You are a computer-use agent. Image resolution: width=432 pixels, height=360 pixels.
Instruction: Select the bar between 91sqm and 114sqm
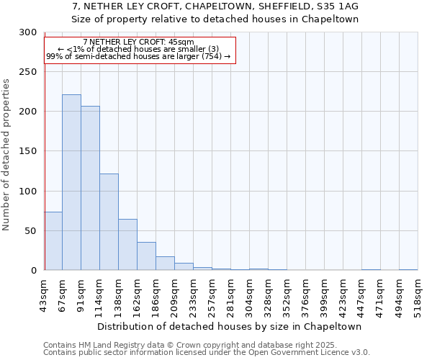tap(90, 188)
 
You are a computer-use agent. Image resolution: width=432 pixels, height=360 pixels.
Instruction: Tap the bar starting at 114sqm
tap(109, 222)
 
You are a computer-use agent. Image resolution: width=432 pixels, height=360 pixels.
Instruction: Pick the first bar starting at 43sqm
tap(53, 240)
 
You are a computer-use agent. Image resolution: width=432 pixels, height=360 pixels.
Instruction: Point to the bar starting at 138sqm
tap(127, 244)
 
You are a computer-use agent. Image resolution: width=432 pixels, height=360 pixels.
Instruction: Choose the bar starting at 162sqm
tap(146, 256)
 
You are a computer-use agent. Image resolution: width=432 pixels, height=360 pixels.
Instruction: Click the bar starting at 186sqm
tap(165, 263)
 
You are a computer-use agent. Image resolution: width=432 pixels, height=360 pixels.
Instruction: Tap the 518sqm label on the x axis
tap(418, 296)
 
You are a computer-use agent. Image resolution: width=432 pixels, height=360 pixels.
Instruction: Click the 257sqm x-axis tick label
tap(212, 296)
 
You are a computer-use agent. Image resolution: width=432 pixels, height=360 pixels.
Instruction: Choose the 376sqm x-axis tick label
tap(306, 296)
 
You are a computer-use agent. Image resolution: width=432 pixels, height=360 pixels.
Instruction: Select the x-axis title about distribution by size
tap(230, 326)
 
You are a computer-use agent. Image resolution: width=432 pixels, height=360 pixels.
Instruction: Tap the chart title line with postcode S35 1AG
tap(215, 6)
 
